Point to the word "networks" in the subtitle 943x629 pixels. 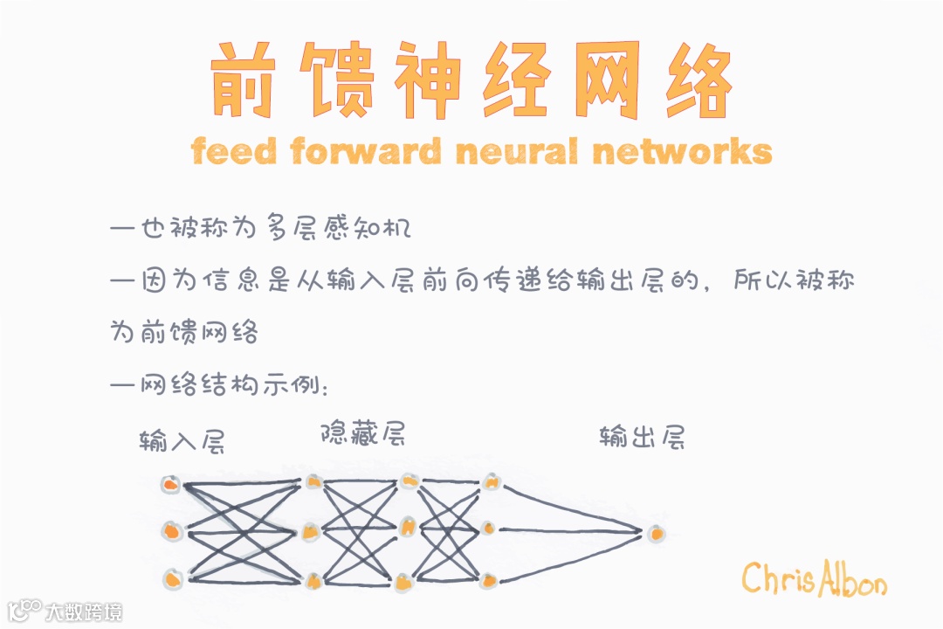682,152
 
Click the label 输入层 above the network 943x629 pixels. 182,441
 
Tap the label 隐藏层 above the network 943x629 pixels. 362,433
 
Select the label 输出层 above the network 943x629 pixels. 642,437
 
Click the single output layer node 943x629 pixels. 655,531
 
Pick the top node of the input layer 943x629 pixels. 171,484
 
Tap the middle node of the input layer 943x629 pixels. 172,530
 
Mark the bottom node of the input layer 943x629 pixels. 172,577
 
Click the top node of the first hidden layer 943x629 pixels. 313,481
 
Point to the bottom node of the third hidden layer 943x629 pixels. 489,578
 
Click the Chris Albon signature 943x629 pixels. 814,579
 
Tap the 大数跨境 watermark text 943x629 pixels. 85,611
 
